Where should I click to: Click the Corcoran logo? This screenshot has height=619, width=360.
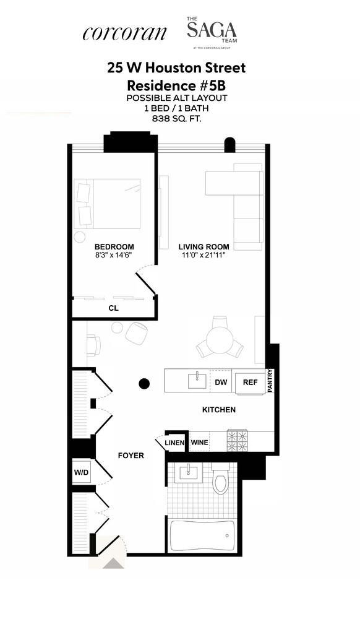[124, 33]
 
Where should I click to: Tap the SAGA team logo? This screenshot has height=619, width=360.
[212, 30]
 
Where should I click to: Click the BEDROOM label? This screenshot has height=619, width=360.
[114, 246]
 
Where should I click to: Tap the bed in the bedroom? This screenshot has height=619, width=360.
[107, 204]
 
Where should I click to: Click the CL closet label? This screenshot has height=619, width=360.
[113, 308]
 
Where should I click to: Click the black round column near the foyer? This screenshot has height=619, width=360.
[144, 384]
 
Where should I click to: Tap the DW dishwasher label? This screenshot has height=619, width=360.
[221, 383]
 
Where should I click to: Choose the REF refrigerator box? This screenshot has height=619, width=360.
[250, 382]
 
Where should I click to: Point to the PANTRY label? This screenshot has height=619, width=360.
[270, 381]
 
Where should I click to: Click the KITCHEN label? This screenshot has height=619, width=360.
[219, 410]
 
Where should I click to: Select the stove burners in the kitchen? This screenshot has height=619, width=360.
[238, 440]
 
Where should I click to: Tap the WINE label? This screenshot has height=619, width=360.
[199, 443]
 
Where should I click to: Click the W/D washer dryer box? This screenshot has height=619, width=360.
[82, 473]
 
